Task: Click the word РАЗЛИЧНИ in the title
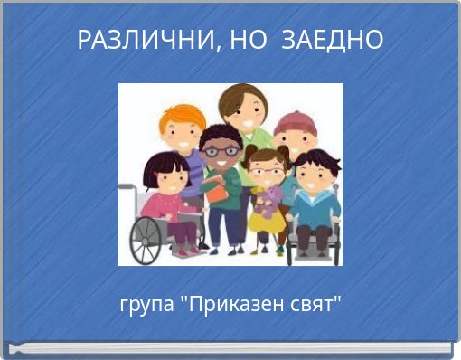tap(143, 41)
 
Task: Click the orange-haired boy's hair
tap(182, 118)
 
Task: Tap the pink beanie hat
tap(295, 121)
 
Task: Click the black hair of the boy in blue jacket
tap(316, 161)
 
